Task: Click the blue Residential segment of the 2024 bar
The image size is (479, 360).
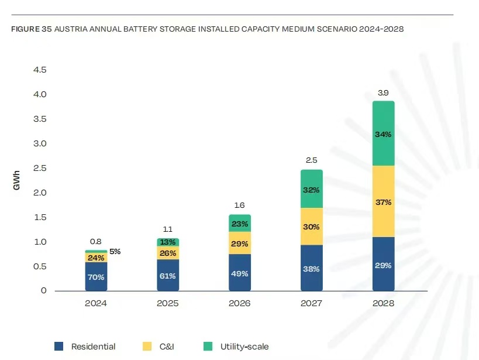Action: click(96, 276)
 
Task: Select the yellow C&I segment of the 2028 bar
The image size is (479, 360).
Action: click(384, 201)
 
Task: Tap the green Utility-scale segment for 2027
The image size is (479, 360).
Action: click(312, 189)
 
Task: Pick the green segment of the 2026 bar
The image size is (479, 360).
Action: click(240, 223)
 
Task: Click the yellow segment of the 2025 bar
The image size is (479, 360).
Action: click(168, 252)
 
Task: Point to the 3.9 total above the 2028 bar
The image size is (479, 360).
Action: click(384, 93)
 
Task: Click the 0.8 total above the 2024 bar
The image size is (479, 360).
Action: click(96, 242)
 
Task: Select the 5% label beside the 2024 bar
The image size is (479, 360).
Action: click(115, 252)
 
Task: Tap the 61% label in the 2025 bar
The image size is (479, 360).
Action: click(168, 276)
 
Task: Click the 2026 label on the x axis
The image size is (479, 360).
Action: click(240, 304)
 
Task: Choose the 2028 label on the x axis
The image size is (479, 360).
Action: click(384, 304)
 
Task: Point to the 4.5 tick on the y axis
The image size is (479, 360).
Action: click(39, 70)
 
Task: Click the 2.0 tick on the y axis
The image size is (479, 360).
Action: click(39, 193)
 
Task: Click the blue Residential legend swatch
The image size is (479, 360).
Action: click(58, 347)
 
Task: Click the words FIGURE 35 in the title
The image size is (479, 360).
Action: click(32, 29)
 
